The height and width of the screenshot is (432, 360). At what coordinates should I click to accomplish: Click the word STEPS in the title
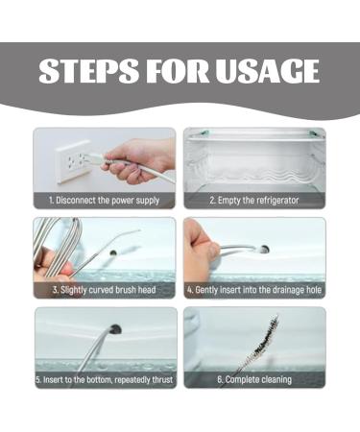tap(88, 71)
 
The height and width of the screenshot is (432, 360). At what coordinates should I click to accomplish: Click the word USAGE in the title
tap(267, 71)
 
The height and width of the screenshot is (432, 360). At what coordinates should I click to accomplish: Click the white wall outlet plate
tap(74, 162)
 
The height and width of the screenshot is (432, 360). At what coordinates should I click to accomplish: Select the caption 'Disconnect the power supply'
tap(105, 201)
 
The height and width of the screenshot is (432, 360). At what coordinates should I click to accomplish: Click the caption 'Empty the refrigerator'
tap(254, 201)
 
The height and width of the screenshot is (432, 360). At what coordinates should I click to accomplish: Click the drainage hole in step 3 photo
tap(113, 252)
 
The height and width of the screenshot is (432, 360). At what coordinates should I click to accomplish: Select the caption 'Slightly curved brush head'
tap(105, 290)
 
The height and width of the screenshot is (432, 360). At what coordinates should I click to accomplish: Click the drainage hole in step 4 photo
tap(264, 250)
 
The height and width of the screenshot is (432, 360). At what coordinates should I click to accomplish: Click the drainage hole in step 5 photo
tap(115, 329)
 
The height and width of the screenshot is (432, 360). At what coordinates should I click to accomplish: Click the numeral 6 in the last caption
tap(220, 380)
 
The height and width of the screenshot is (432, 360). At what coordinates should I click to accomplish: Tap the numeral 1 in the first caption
tap(51, 201)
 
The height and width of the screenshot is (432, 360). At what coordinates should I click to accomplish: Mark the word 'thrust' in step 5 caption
tap(162, 380)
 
